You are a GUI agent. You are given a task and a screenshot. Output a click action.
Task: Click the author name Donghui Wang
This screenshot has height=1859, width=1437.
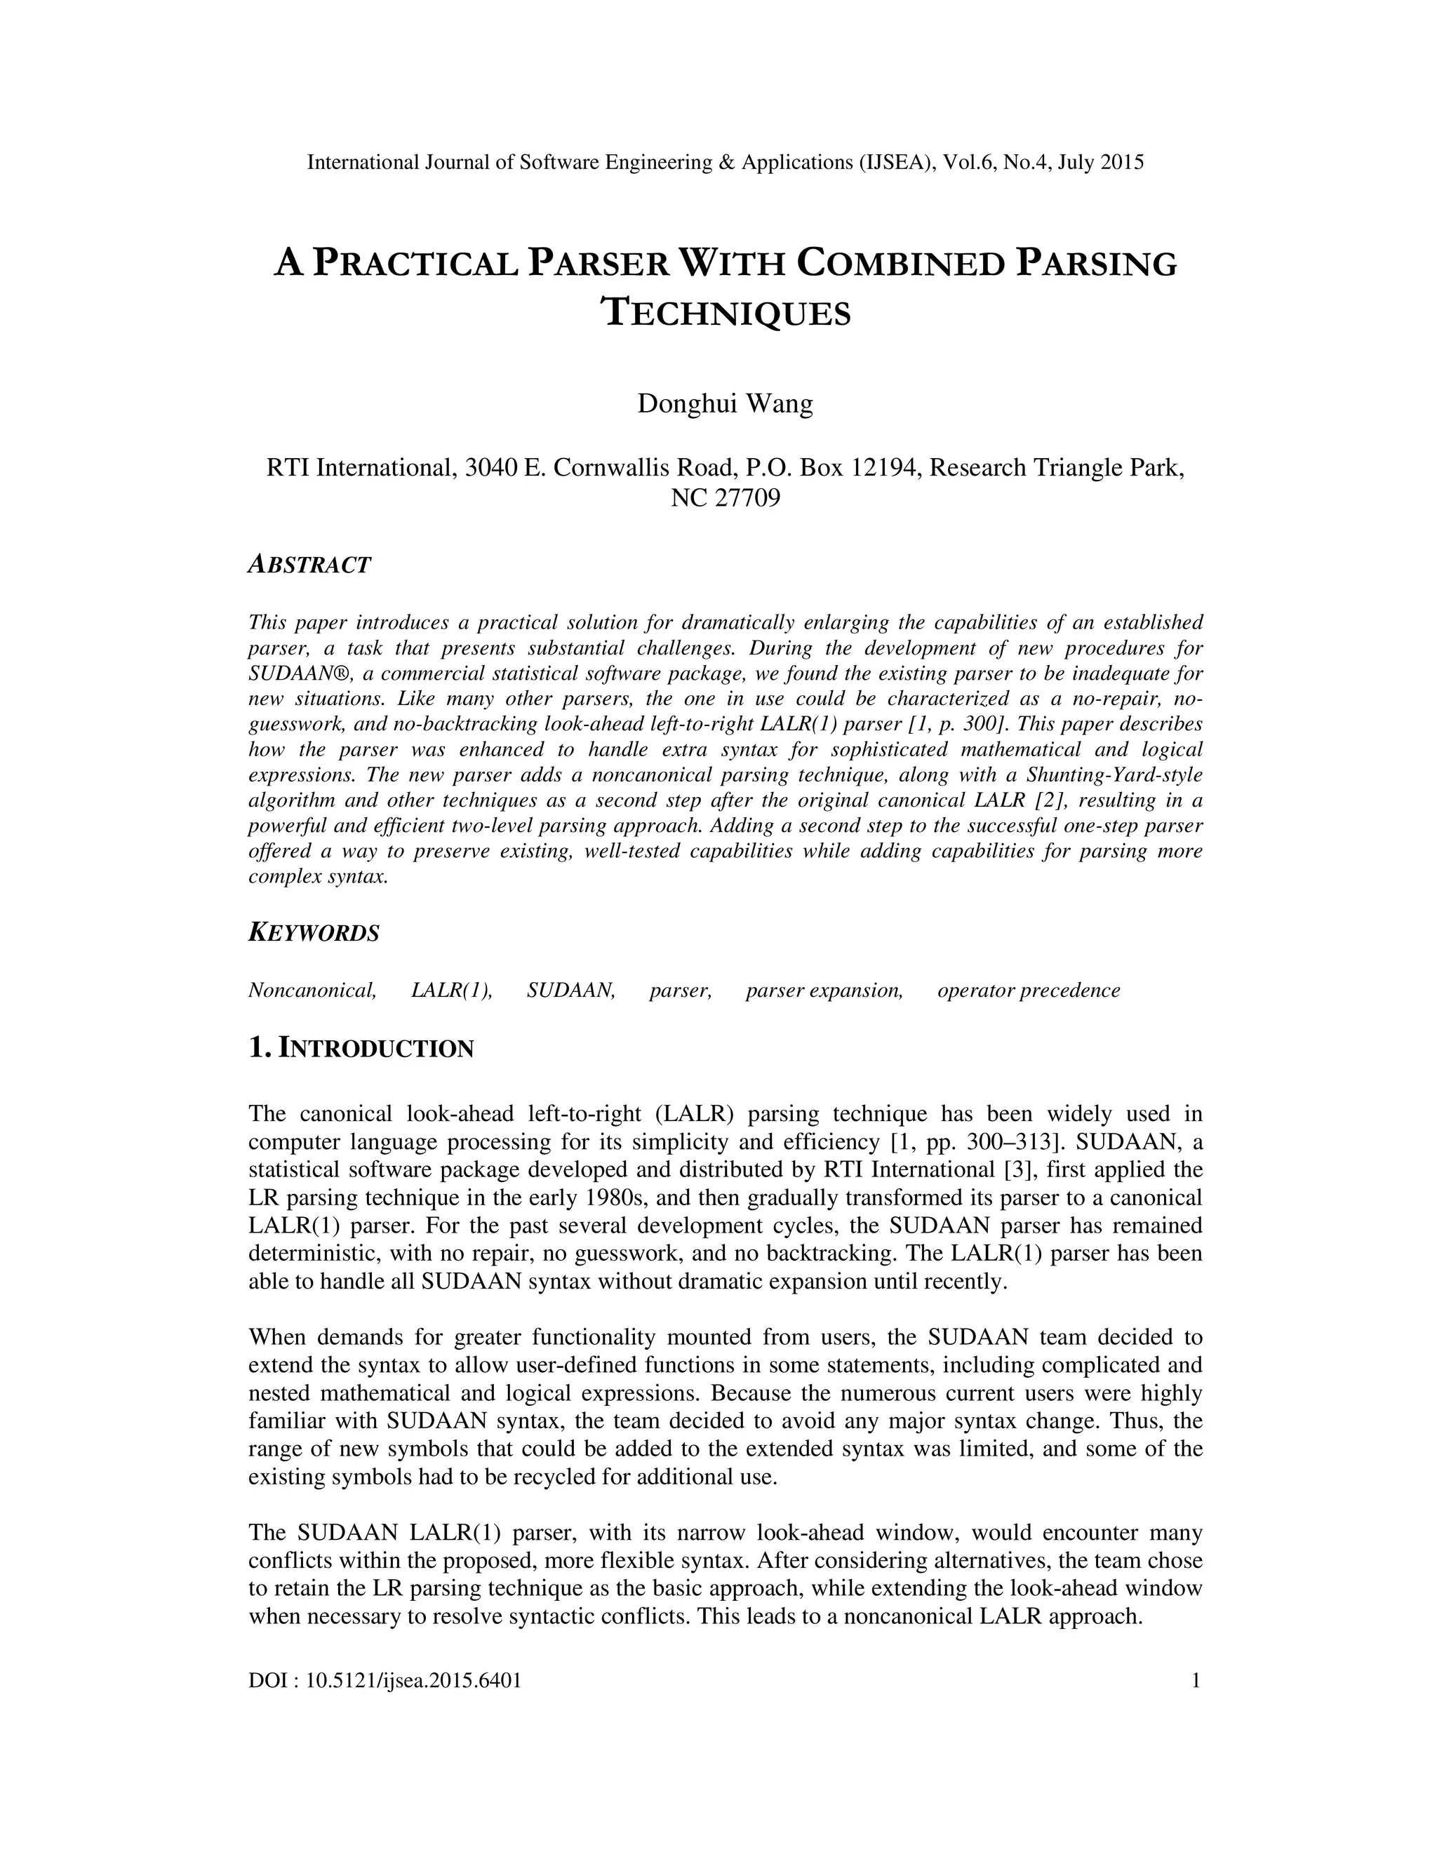(726, 403)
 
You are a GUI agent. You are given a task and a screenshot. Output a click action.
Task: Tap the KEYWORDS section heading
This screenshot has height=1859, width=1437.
(313, 933)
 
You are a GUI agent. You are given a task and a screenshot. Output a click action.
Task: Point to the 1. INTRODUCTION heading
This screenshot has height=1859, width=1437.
(361, 1048)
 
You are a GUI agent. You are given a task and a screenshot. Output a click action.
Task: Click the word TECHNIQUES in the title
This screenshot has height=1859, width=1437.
(726, 314)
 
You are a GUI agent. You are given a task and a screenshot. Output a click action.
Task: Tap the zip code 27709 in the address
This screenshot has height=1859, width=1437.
(749, 498)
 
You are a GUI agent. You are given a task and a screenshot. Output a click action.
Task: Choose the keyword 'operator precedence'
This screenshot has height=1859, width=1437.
(1029, 990)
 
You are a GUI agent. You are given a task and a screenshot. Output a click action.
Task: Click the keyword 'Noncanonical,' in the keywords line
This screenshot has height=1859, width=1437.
(312, 990)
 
